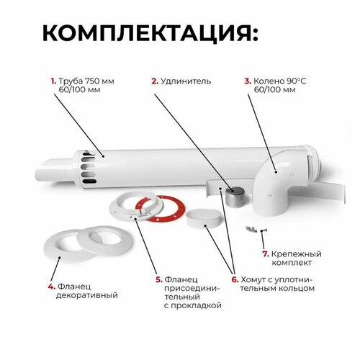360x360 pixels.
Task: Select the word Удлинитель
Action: click(x=186, y=81)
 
